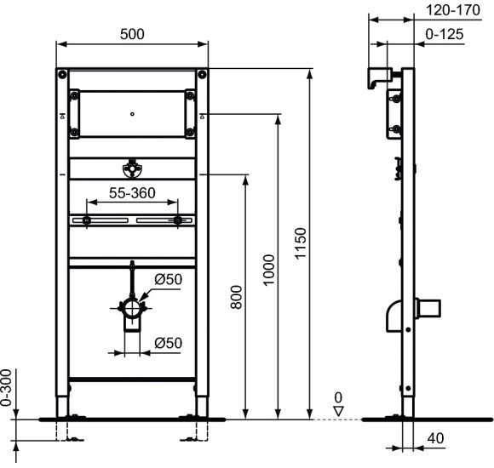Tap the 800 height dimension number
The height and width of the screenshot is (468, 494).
click(x=238, y=296)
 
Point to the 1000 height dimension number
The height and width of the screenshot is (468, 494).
click(x=270, y=270)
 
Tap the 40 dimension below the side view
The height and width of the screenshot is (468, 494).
click(x=435, y=438)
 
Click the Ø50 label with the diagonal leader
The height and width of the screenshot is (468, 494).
click(x=169, y=280)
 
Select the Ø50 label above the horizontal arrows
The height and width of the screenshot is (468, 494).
click(x=167, y=343)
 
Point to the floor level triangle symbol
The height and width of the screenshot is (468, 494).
click(x=337, y=409)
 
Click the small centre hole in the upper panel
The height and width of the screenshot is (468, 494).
click(x=132, y=111)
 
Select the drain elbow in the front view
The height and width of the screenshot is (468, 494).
click(x=134, y=313)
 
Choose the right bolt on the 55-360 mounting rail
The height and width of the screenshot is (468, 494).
click(x=177, y=221)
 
